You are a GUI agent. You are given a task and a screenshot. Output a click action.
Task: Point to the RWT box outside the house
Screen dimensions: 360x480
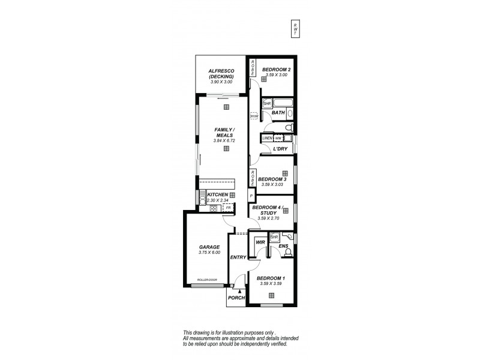coord(295,28)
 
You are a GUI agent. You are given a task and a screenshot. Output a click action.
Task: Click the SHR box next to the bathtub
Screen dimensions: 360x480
coord(267,103)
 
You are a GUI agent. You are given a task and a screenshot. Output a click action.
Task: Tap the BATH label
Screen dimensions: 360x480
coord(278,113)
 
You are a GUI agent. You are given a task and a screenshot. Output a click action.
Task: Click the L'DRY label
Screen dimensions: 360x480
coord(280,148)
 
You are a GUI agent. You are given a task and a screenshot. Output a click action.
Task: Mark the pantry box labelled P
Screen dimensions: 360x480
coord(251,196)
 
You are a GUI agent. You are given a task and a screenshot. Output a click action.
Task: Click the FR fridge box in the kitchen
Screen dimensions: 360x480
coord(228,207)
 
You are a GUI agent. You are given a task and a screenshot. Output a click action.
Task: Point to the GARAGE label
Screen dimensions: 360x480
coord(209,247)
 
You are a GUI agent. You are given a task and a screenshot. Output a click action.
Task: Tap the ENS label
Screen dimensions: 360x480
coord(283,246)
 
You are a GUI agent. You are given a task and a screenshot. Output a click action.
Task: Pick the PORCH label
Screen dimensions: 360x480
coord(236,298)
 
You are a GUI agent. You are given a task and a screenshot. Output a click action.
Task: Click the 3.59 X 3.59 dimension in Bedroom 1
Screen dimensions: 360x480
coord(271,283)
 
